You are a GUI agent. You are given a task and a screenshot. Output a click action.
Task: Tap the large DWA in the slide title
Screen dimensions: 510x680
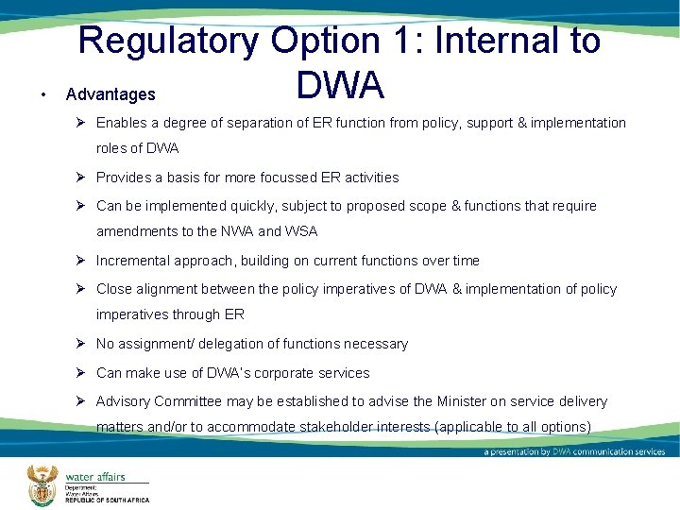340,85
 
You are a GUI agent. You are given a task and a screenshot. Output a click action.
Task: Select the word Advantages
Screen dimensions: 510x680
110,94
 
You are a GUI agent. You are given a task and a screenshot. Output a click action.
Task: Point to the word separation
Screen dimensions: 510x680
277,123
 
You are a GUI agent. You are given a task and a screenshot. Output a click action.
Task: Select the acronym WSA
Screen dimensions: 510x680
299,231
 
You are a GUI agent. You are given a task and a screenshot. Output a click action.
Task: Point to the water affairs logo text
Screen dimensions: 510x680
94,477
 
